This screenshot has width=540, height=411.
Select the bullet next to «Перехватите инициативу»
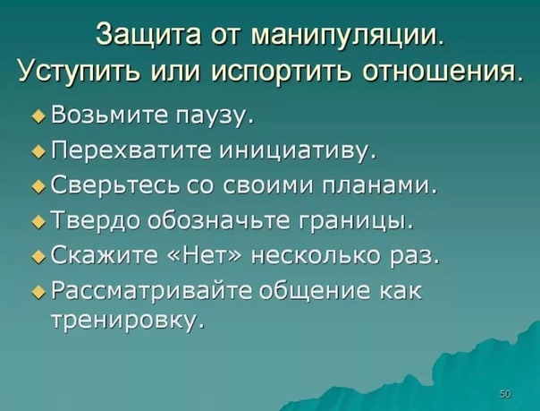(38, 152)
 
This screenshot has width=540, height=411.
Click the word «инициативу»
(295, 152)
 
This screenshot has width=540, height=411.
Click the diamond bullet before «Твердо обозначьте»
(38, 223)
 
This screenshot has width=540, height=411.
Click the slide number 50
(505, 394)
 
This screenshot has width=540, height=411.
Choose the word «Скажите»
(104, 257)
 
